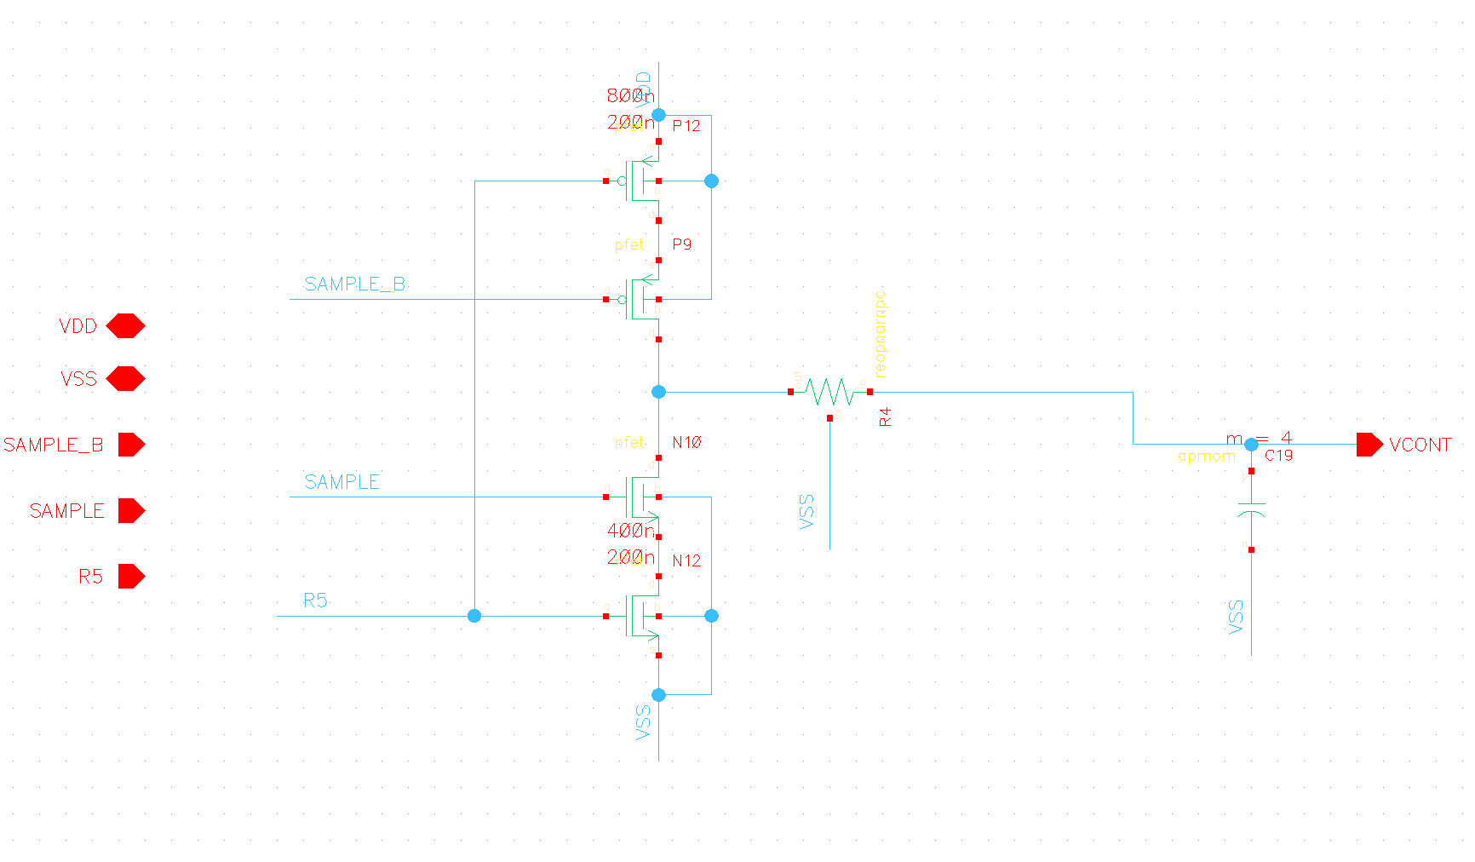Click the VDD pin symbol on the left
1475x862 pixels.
[x=125, y=326]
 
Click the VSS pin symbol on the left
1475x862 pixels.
[x=125, y=378]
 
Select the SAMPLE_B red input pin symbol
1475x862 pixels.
[x=131, y=445]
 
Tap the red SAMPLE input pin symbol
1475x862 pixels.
[x=131, y=511]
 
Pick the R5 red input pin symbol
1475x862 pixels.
[x=131, y=577]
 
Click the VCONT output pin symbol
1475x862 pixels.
[x=1369, y=445]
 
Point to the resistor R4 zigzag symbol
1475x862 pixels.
[x=829, y=392]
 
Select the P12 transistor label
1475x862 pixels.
[x=686, y=126]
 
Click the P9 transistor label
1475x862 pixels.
[x=682, y=244]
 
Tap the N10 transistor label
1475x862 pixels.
[x=686, y=442]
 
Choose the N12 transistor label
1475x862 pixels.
[x=686, y=560]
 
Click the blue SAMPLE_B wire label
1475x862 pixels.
[x=354, y=284]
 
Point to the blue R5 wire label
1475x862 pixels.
[x=315, y=601]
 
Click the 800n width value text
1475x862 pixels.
[x=630, y=95]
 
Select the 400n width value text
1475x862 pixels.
[x=630, y=531]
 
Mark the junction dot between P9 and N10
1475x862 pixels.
[x=658, y=392]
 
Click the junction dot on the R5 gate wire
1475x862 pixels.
[x=474, y=616]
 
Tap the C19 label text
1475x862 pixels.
[x=1278, y=456]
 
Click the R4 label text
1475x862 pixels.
[x=886, y=417]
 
